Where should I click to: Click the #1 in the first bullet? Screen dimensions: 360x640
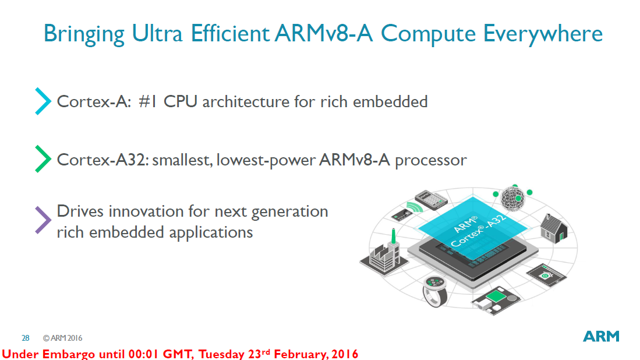[x=148, y=102]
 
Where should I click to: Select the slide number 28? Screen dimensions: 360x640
[x=26, y=338]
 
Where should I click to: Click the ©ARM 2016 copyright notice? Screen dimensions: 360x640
[x=62, y=338]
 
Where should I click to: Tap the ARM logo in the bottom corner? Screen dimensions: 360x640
[x=601, y=337]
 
